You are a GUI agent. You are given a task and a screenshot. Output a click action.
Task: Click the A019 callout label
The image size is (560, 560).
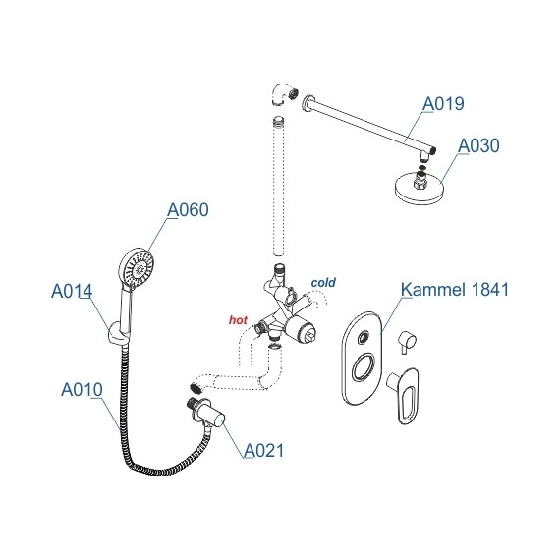(443, 104)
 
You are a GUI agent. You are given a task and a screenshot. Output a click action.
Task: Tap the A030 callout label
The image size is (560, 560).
(478, 145)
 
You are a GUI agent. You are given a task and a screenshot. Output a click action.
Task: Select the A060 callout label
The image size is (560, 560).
(188, 209)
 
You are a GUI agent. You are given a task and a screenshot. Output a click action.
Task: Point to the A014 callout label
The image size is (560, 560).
(72, 291)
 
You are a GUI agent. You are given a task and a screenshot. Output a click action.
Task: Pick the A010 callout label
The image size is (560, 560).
(82, 389)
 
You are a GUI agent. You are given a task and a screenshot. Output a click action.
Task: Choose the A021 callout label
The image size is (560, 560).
(264, 450)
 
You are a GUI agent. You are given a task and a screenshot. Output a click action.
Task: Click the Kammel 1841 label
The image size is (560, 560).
(455, 289)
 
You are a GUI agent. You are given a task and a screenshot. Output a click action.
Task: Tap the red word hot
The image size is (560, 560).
(238, 320)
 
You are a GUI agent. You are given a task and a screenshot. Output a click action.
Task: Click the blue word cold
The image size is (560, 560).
(323, 283)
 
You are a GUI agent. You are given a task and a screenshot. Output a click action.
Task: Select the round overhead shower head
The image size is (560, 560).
(419, 189)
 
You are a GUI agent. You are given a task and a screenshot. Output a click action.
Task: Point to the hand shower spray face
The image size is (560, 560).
(138, 267)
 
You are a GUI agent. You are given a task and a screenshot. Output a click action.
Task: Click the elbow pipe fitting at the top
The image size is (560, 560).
(283, 94)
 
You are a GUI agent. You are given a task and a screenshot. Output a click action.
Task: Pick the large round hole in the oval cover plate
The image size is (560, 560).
(364, 367)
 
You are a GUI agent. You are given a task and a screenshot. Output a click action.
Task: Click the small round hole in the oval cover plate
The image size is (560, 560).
(364, 337)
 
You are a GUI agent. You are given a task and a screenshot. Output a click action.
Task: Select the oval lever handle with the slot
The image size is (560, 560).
(406, 395)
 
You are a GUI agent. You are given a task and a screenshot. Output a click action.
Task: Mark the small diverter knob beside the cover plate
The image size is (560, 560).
(407, 342)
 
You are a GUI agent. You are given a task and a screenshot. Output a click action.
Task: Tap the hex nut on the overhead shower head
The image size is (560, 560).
(420, 183)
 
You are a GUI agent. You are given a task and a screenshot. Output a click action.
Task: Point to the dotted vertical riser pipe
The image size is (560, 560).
(279, 187)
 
